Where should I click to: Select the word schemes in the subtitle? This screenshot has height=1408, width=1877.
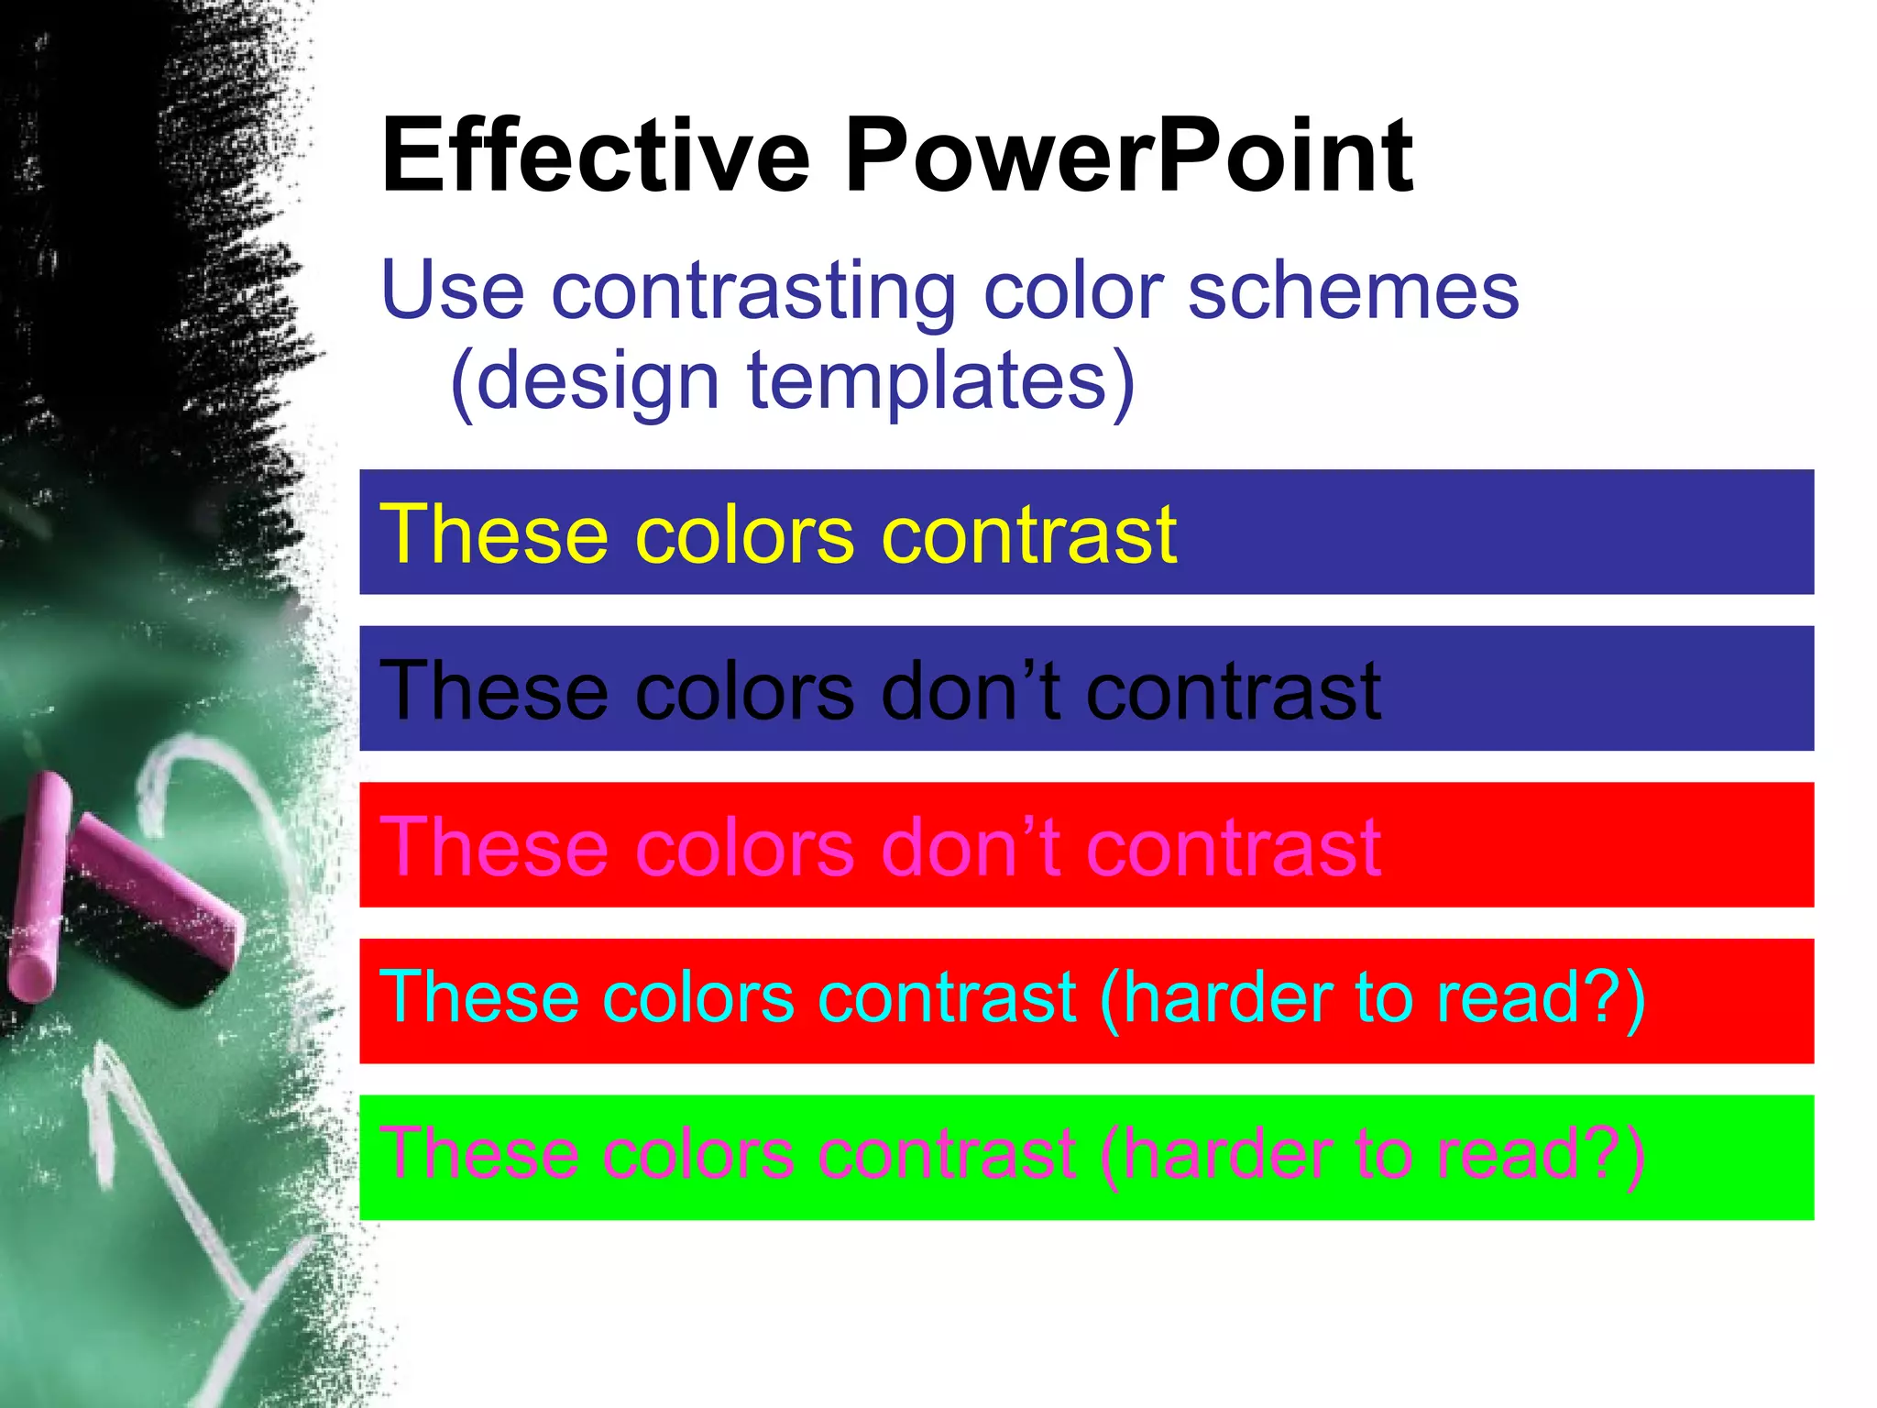point(1354,291)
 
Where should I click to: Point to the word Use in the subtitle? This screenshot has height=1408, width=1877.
point(453,291)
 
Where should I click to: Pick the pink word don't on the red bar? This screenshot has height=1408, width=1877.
point(971,847)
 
